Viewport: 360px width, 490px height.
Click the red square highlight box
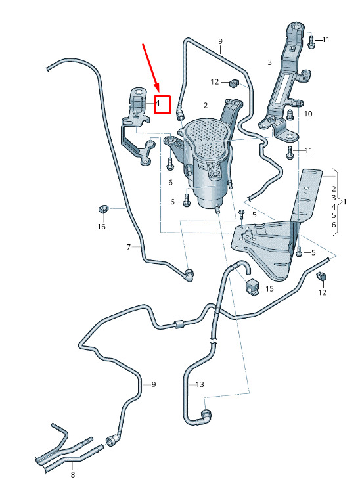coord(162,104)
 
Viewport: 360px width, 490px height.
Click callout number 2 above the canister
coord(206,106)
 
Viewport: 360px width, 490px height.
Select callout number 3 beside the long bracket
coord(270,62)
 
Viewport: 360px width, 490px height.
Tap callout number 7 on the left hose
coord(129,247)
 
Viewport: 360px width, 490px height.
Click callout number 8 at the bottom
coord(73,474)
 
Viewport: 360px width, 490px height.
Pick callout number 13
coord(200,384)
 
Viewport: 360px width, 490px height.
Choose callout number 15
coord(269,288)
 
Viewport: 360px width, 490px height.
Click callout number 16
coord(102,226)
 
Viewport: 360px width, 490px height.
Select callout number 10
coord(308,114)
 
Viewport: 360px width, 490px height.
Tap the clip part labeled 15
coord(252,286)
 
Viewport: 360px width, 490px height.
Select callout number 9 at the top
coord(220,41)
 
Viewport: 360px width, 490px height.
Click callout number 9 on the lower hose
coord(154,384)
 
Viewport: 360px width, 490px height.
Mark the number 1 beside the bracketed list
coord(345,202)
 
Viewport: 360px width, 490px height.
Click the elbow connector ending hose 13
coord(206,416)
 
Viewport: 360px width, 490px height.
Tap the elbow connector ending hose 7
coord(188,275)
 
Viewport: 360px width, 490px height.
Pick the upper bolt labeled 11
coord(311,42)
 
